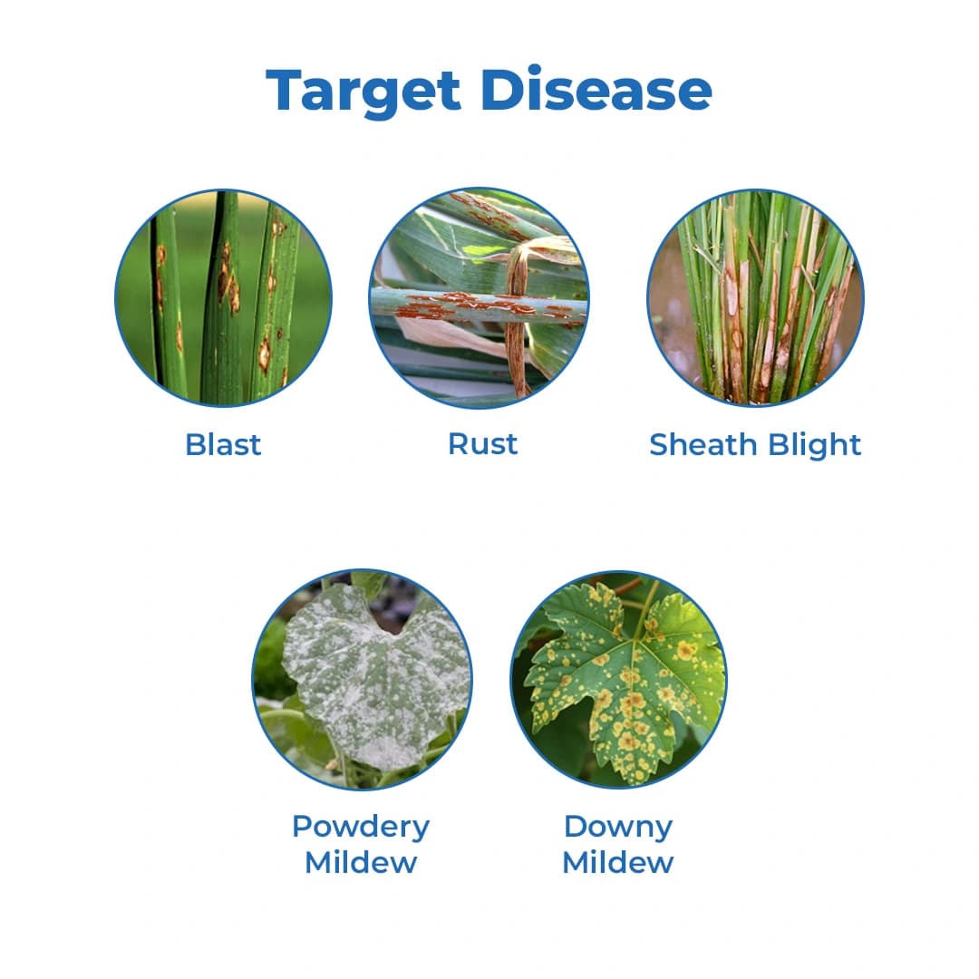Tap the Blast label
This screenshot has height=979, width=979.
point(223,444)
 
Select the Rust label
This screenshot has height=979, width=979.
point(483,443)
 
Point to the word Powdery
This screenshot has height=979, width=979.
point(361,826)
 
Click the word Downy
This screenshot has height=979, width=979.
point(618,826)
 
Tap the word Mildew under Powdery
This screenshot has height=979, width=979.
point(361,862)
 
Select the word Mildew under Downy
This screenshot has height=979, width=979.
point(618,862)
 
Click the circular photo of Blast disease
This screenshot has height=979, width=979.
point(223,297)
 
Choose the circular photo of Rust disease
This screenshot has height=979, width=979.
point(480,297)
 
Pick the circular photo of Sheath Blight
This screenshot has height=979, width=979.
point(755,297)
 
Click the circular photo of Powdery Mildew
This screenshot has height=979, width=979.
point(362,680)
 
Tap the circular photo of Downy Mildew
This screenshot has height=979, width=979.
point(619,680)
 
